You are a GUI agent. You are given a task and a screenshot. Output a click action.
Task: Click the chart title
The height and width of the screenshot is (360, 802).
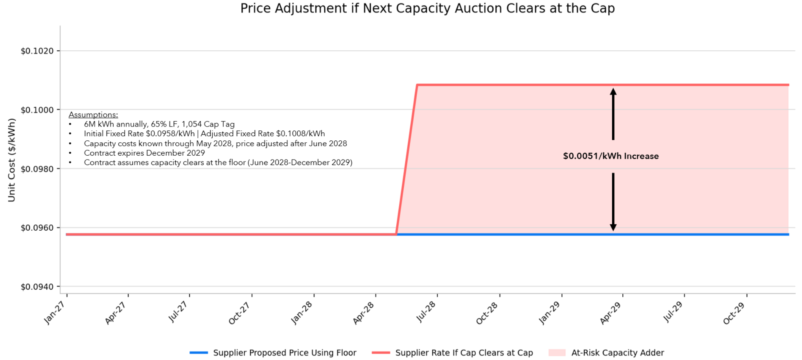[427, 8]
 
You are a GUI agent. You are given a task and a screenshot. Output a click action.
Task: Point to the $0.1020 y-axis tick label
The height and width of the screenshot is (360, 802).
[37, 51]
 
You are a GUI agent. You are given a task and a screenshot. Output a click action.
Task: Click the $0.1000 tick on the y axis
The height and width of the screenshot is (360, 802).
[37, 110]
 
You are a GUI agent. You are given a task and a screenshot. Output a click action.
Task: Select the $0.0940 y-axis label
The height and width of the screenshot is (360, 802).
[37, 287]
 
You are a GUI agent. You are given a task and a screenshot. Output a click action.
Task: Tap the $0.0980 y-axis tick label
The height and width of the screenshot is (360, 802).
[37, 169]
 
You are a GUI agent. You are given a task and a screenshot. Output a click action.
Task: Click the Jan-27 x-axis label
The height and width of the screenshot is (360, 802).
[55, 313]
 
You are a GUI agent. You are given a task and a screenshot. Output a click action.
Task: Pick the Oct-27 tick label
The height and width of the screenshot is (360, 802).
[239, 313]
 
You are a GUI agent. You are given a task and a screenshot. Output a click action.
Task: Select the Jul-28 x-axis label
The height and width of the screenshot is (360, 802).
[426, 312]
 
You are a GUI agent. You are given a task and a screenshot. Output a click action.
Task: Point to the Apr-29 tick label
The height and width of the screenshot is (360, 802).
[610, 313]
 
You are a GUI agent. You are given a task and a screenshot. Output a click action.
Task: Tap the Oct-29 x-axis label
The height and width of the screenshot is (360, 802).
[734, 313]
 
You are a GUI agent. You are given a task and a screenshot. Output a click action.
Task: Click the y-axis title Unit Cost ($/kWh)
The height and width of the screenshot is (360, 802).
[11, 160]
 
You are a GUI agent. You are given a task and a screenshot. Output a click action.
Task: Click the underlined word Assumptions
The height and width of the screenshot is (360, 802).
[93, 115]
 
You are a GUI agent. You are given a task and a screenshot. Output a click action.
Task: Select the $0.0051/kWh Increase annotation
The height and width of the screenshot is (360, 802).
[611, 156]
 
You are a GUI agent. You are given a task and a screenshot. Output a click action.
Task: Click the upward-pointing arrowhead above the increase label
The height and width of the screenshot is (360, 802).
[613, 92]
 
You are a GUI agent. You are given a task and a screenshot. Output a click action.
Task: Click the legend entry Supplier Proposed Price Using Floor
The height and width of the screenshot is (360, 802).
[284, 353]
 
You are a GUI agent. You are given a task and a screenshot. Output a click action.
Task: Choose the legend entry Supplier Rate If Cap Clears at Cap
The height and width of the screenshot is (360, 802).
[464, 353]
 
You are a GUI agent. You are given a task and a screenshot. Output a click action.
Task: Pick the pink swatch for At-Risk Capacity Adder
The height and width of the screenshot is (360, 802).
[557, 353]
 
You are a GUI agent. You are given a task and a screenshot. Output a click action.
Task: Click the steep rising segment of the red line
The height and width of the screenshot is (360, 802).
[407, 159]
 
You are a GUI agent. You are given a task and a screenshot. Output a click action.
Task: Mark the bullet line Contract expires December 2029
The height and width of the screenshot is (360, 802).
[144, 153]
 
